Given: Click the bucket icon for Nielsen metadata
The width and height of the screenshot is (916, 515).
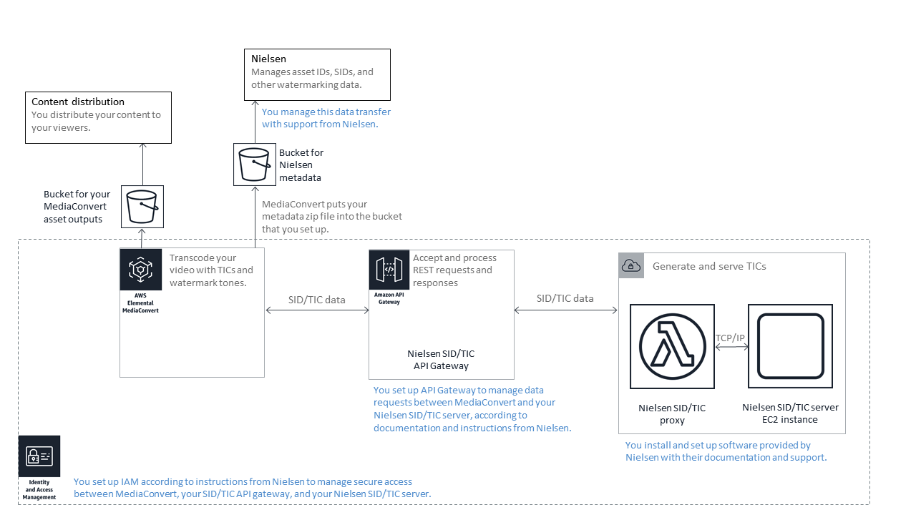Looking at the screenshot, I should (255, 165).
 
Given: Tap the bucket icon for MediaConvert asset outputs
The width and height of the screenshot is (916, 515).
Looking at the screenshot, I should (142, 207).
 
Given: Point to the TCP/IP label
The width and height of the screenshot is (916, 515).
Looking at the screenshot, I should (731, 338).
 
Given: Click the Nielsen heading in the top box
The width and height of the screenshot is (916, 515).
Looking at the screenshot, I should (269, 59).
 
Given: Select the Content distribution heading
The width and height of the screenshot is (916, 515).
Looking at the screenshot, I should (78, 102).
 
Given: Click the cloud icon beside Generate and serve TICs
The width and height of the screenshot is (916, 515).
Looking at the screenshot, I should (631, 266).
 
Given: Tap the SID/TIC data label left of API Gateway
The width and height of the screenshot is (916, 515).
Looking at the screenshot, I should (316, 300).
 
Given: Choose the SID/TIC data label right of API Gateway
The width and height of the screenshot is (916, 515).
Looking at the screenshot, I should (565, 298).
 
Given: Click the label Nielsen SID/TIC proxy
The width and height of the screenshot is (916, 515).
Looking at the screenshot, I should (672, 414).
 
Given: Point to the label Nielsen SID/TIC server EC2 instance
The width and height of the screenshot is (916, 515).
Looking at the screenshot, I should (790, 413).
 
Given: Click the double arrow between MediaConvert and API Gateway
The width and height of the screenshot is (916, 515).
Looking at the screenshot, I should (316, 310).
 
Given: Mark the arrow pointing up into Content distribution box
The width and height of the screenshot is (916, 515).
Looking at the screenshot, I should (142, 165).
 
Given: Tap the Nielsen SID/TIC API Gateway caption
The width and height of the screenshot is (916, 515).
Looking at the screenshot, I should (441, 360).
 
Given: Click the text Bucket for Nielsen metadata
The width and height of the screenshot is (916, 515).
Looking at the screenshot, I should (301, 165).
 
